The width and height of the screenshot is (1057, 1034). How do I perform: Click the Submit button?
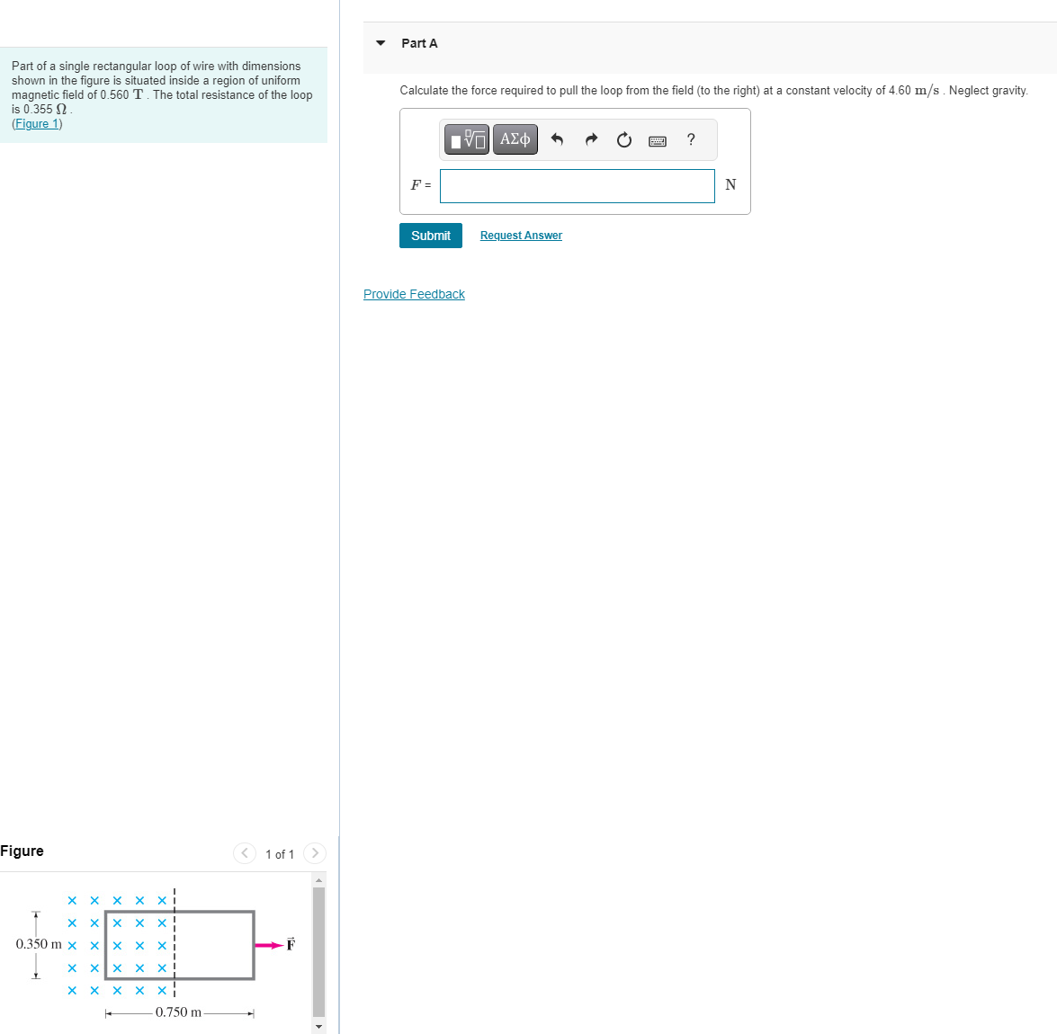430,236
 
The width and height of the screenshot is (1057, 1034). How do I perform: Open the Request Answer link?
521,236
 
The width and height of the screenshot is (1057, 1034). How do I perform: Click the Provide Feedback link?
414,294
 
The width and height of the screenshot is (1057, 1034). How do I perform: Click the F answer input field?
577,186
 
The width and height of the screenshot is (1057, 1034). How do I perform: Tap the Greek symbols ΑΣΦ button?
515,139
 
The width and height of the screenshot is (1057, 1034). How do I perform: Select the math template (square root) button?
468,139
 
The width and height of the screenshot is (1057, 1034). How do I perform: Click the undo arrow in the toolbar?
557,139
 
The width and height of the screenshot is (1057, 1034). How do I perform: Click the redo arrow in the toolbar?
591,139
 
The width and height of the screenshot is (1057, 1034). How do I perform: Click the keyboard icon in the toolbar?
658,140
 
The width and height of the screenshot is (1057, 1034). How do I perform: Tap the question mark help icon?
691,139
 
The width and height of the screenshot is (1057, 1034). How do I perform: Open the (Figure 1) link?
37,124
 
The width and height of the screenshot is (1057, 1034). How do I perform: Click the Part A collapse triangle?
381,43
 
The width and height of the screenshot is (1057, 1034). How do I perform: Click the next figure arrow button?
315,853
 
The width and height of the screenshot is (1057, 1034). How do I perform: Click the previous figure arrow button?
244,853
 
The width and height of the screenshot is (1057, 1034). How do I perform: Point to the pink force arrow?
268,945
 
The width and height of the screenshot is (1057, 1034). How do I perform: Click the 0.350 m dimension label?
39,944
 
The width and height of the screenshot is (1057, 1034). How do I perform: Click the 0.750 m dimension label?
178,1012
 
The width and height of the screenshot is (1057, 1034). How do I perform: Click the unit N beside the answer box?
730,185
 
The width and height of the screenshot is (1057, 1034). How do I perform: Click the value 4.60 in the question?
900,91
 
